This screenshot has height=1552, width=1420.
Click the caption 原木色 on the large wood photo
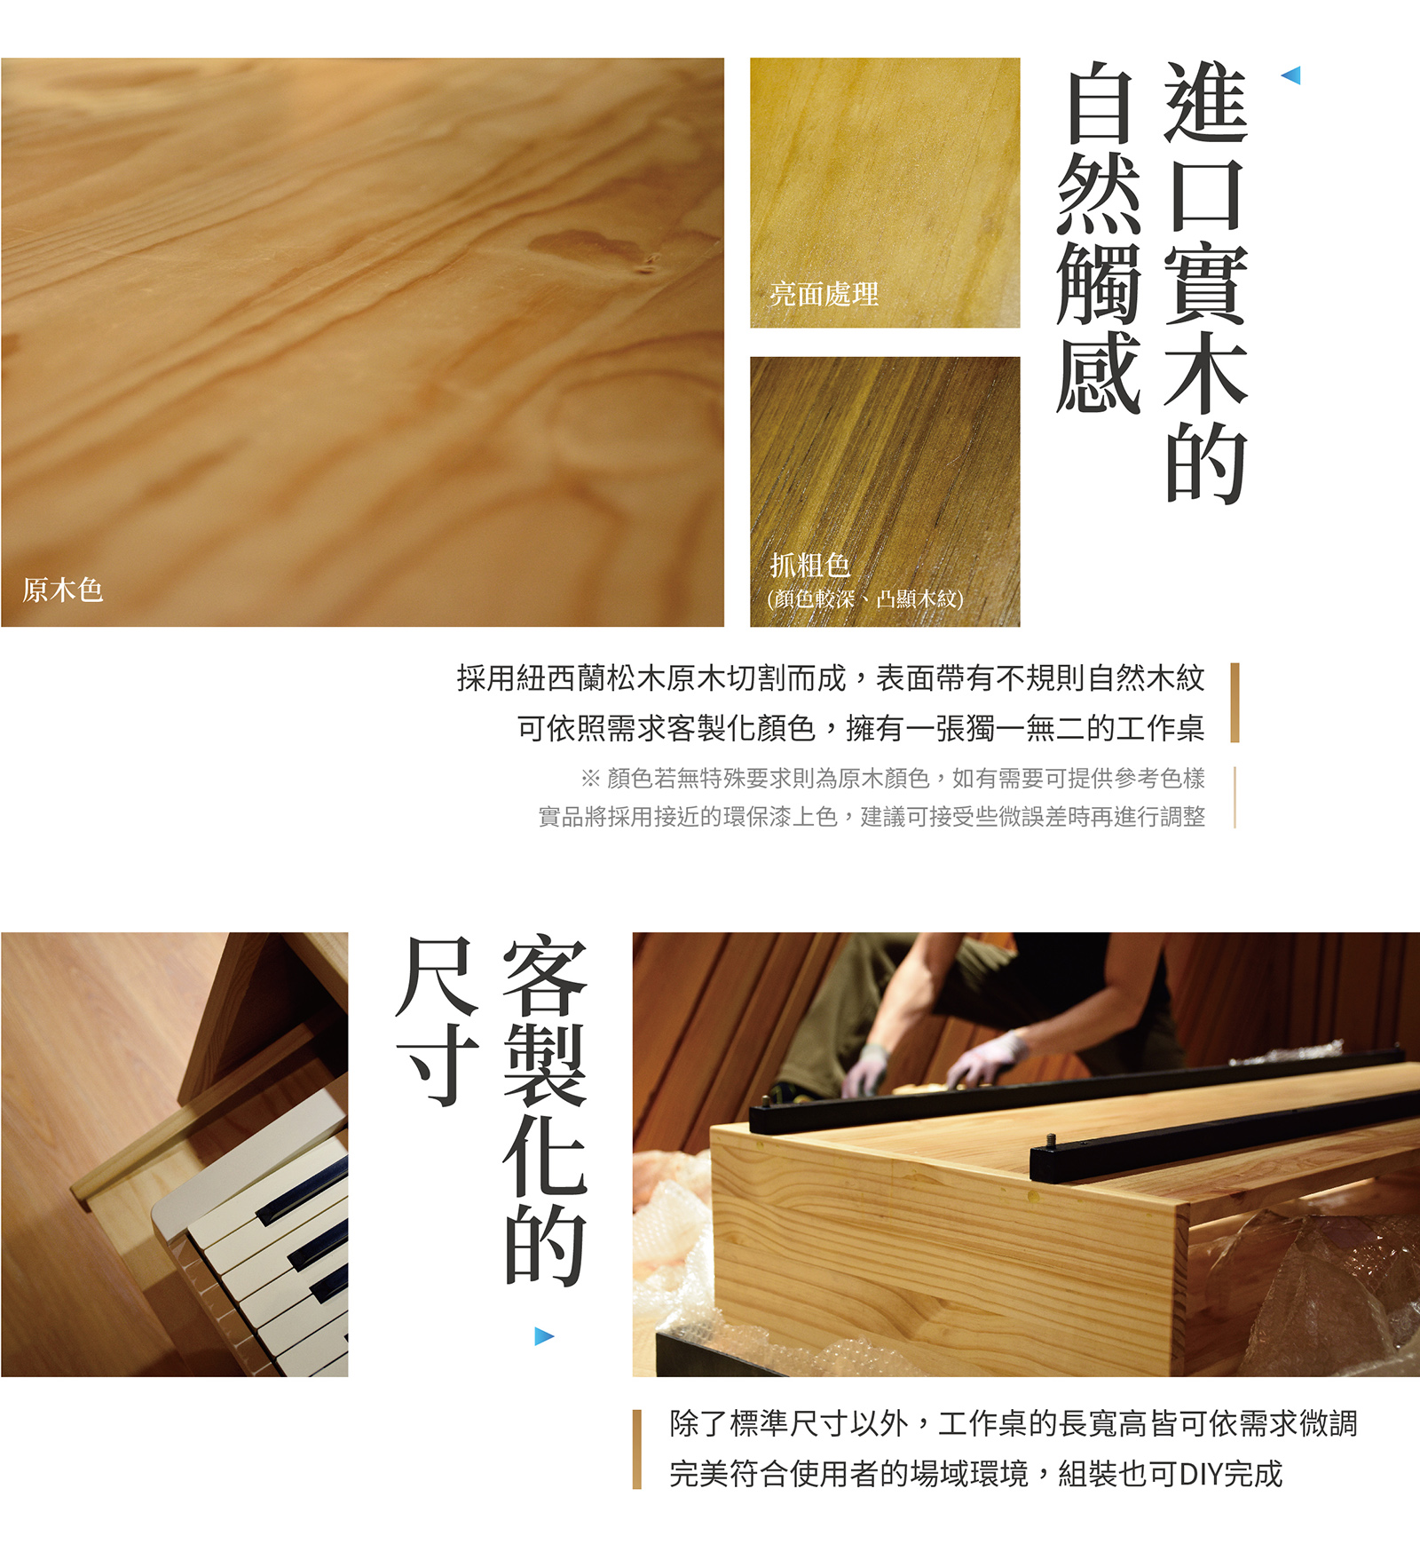coord(62,590)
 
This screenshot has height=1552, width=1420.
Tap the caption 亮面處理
coord(824,294)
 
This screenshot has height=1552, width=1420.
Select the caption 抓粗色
coord(809,565)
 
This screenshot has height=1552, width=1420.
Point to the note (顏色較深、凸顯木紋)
coord(864,598)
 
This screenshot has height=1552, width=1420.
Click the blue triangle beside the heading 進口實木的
coord(1291,75)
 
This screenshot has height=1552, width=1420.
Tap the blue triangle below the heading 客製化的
coord(544,1336)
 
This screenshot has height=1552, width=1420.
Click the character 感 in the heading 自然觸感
coord(1099,373)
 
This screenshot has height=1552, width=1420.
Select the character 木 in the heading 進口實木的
coord(1205,373)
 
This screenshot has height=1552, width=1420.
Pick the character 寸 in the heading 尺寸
coord(438,1065)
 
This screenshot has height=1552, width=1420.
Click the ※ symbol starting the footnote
coord(590,779)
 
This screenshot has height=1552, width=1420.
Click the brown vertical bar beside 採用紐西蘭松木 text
coord(1235,702)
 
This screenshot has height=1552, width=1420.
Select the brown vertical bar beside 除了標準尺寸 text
coord(636,1449)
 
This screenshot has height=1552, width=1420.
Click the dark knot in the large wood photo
coord(648,262)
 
